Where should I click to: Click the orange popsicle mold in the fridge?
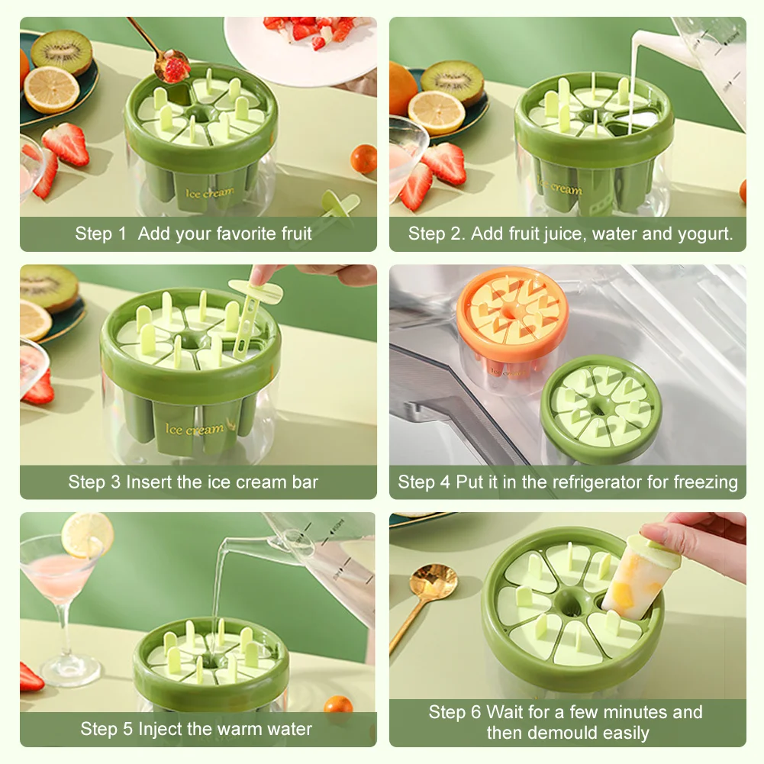click(511, 327)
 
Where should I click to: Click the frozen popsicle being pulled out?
click(636, 578)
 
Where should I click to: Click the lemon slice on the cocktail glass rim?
click(88, 535)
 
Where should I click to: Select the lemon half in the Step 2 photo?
click(436, 112)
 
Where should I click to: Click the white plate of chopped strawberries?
click(300, 49)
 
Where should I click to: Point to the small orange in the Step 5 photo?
click(338, 704)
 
